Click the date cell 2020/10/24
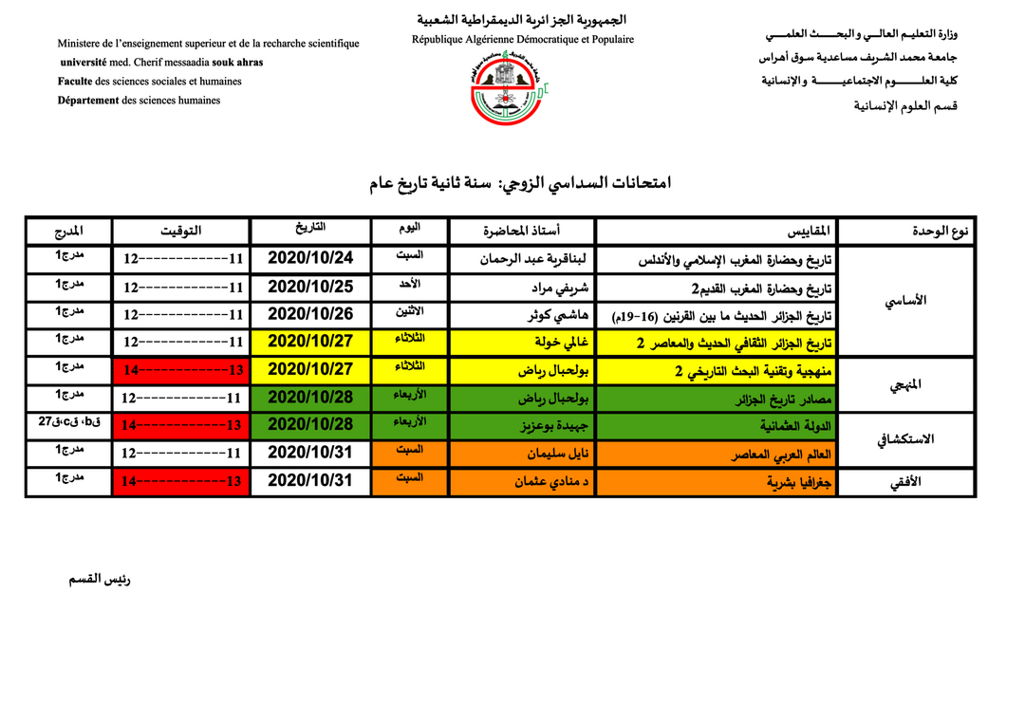pos(309,257)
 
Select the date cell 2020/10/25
pos(309,286)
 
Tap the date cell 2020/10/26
pos(309,313)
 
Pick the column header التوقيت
pos(181,231)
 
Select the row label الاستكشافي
pos(907,438)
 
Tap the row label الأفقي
pos(906,482)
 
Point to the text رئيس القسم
pos(99,579)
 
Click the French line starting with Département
pos(139,100)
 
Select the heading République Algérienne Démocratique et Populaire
pos(522,39)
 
